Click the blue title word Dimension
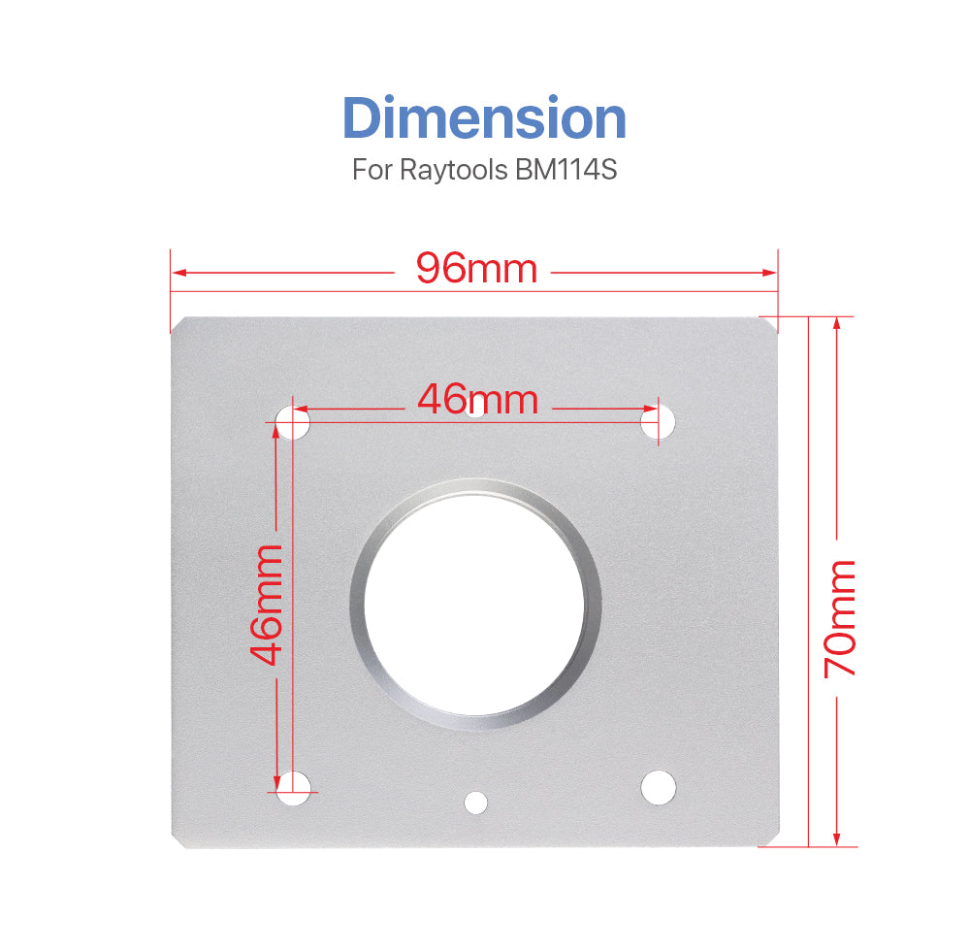tap(484, 118)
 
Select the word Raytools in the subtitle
tap(452, 170)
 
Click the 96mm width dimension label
tap(476, 268)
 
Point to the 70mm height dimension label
tap(839, 618)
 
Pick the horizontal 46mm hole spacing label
tap(477, 399)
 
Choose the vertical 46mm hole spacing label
tap(266, 604)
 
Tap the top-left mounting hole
tap(293, 423)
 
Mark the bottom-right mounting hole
tap(658, 785)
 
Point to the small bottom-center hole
tap(475, 802)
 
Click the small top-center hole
tap(475, 410)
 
